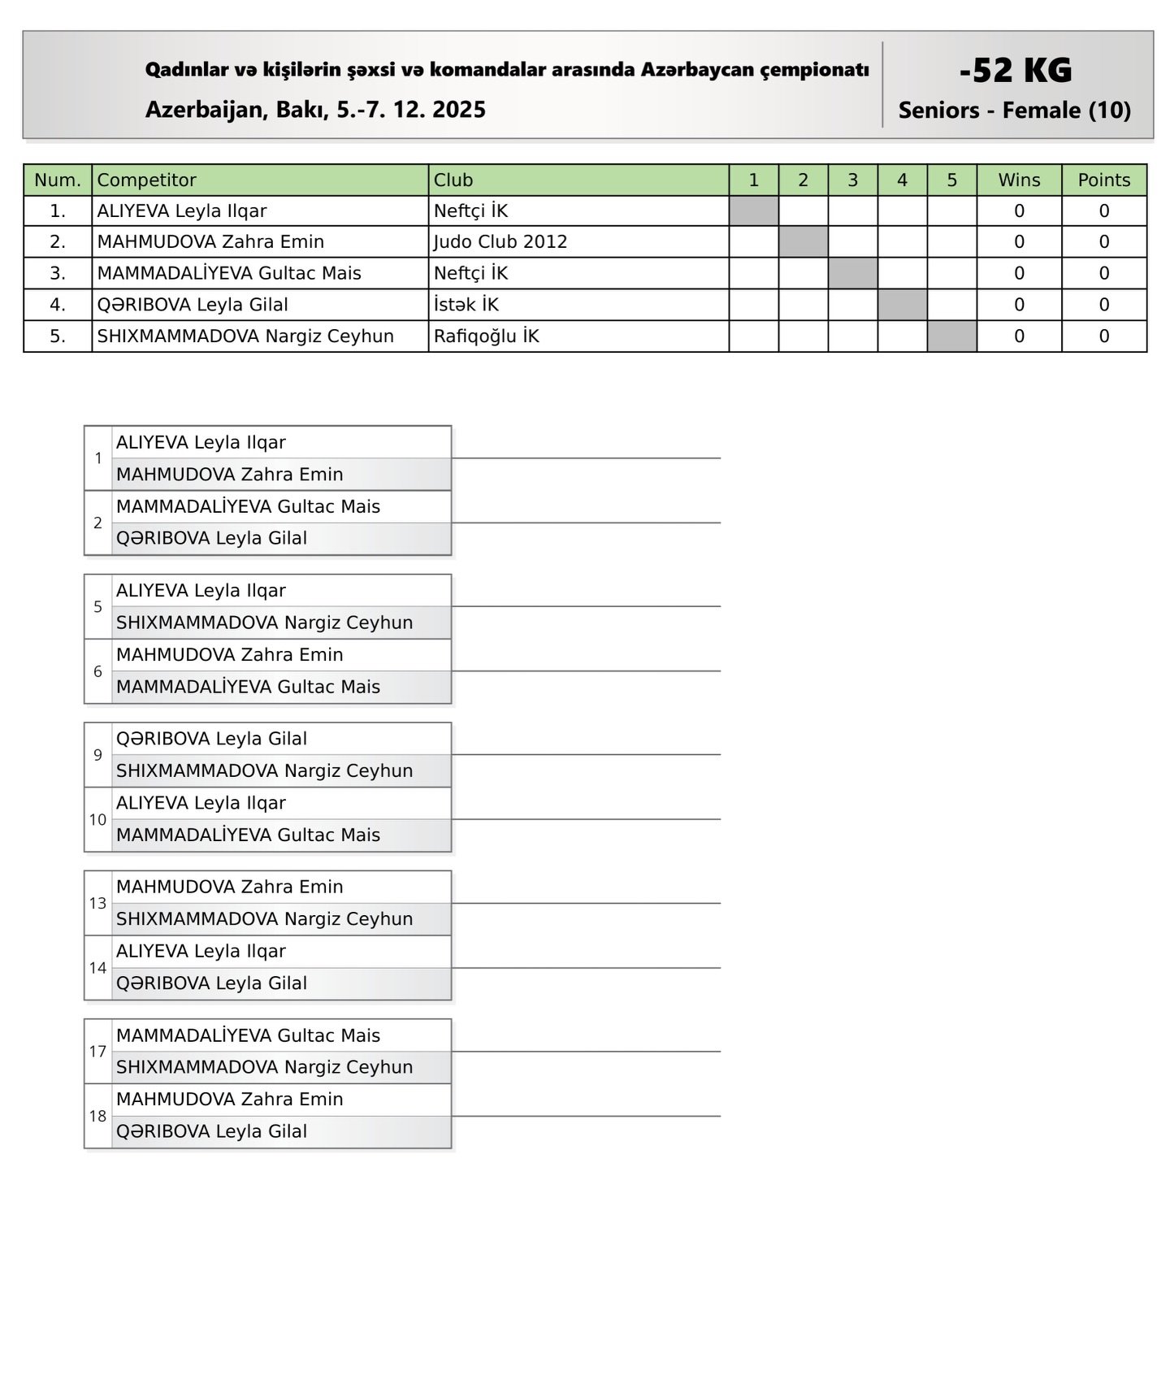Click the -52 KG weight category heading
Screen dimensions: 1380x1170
(1015, 70)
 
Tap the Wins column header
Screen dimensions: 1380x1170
(1019, 180)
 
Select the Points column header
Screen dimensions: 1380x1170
(1103, 180)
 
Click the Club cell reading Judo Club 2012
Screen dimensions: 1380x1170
(500, 242)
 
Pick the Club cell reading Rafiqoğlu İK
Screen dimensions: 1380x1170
(486, 336)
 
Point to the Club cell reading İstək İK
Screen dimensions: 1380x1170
(466, 305)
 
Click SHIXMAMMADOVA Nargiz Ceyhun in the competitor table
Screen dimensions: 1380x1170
(245, 336)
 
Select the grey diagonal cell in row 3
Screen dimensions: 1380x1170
(852, 273)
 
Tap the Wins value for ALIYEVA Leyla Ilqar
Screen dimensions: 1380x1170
(1019, 211)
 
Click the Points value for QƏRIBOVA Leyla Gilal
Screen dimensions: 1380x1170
(1103, 305)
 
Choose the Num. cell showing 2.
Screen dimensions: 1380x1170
(58, 242)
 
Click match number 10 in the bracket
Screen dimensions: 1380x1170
(97, 819)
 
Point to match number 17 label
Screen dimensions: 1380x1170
(97, 1051)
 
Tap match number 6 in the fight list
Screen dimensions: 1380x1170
(97, 671)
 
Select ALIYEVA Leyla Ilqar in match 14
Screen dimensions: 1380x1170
(201, 951)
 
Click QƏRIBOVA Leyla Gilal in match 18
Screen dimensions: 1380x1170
(211, 1131)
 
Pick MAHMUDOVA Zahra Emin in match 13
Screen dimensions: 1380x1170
(229, 887)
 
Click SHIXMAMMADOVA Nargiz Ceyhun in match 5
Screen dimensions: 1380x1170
(264, 623)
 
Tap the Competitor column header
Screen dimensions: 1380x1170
(146, 180)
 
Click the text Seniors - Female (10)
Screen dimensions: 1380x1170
(1014, 111)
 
